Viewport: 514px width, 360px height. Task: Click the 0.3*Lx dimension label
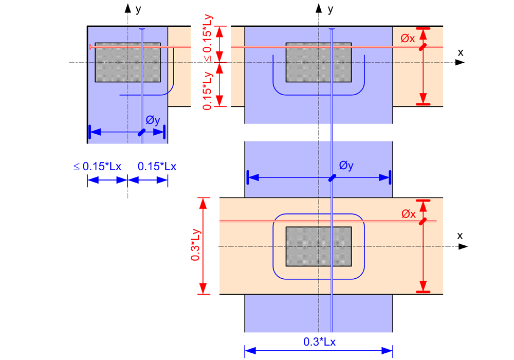point(320,341)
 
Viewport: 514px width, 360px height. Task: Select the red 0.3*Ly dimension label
point(196,245)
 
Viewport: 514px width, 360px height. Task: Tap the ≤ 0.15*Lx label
point(97,167)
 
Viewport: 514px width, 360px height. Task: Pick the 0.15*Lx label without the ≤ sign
point(157,167)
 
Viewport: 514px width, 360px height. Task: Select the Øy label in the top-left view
point(153,120)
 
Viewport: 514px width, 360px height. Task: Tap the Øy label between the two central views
point(346,166)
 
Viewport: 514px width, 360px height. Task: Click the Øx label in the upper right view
point(408,38)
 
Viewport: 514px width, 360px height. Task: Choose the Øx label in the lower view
point(408,214)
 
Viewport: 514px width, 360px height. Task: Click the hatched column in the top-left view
point(127,62)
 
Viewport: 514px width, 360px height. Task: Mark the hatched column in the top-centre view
point(319,62)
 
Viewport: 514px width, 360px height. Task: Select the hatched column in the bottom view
point(319,246)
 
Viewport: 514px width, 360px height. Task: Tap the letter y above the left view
point(138,9)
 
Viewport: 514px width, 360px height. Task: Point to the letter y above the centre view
point(331,9)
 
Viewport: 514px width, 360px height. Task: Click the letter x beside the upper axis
point(460,52)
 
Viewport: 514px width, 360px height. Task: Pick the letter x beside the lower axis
point(460,236)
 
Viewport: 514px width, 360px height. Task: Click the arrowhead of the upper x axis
point(460,63)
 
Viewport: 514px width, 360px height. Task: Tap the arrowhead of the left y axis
point(127,7)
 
